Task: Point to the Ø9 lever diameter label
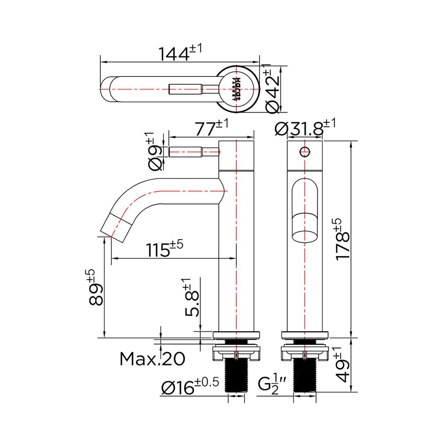(x=154, y=152)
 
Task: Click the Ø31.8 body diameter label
(x=305, y=128)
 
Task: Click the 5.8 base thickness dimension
(x=191, y=298)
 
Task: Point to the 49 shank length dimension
(x=344, y=365)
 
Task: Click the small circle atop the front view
(x=304, y=152)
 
